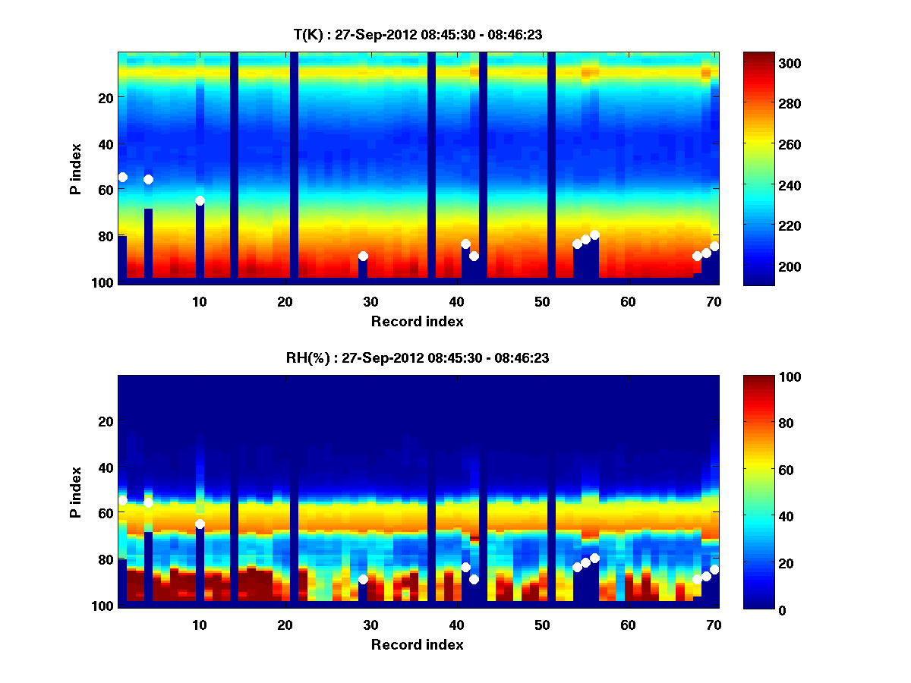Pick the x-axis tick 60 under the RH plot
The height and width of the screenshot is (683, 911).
point(628,625)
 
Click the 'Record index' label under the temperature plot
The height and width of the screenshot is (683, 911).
point(418,321)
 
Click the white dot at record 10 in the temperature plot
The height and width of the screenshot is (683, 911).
point(200,201)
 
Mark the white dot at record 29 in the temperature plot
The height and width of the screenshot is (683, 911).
point(363,257)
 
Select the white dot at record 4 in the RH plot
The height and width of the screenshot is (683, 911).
point(148,502)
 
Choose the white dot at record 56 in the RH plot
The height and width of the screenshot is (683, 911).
point(594,558)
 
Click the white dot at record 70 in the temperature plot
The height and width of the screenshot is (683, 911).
point(714,247)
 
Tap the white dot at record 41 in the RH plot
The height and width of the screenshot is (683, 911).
point(465,567)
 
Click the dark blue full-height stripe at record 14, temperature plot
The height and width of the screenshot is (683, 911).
point(234,167)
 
